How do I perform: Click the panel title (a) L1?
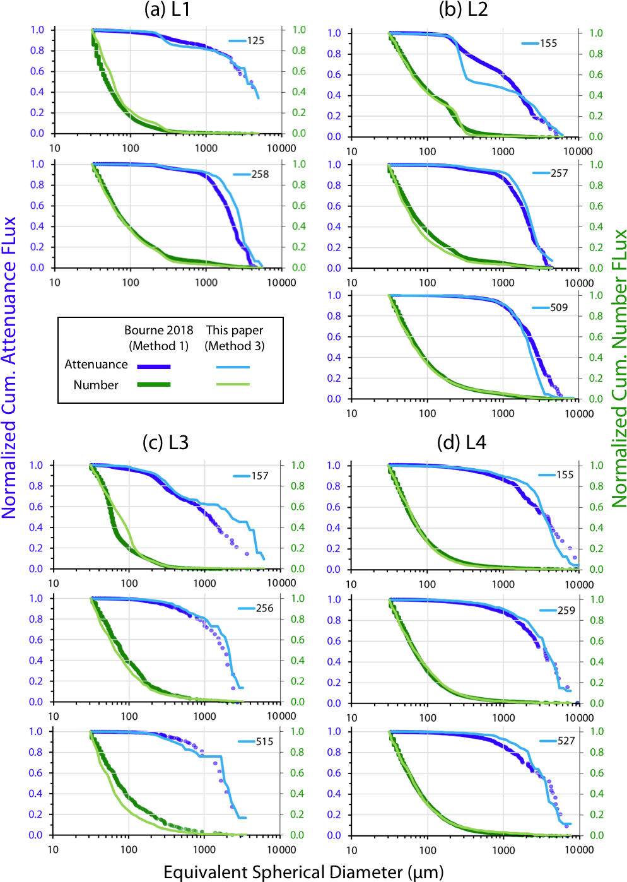pos(167,9)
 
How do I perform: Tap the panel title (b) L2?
pos(463,9)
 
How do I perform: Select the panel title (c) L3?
pos(165,442)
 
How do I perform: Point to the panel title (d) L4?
pos(462,442)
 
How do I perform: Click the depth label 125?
pos(255,41)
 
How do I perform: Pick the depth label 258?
pos(260,174)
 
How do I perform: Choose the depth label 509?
pos(559,308)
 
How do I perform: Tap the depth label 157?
pos(260,476)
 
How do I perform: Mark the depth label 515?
pos(264,741)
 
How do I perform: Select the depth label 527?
pos(566,741)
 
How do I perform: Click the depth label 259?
pos(566,610)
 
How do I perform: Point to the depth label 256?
pos(264,608)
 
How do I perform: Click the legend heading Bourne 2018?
pos(159,330)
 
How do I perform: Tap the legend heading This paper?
pos(235,330)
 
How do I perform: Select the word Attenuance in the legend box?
pos(96,365)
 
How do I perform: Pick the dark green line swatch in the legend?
pos(154,384)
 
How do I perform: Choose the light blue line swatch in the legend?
pos(233,367)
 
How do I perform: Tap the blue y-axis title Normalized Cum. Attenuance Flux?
pos(9,367)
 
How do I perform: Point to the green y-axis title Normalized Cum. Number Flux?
pos(619,368)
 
